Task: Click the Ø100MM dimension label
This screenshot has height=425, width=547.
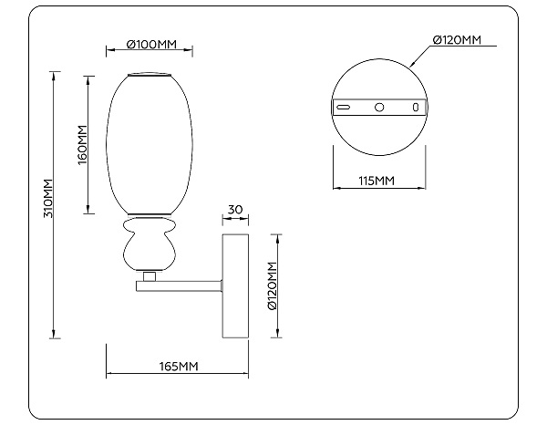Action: (x=150, y=45)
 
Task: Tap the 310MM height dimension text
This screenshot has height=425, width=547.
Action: (x=50, y=199)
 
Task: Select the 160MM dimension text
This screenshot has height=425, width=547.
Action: (x=82, y=144)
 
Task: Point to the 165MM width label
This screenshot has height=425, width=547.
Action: (x=179, y=366)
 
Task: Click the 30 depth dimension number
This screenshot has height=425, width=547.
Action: (x=235, y=210)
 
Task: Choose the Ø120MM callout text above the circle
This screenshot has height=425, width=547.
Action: (x=457, y=40)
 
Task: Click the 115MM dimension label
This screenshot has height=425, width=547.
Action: (x=377, y=181)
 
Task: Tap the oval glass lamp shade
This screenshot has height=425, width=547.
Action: (x=150, y=146)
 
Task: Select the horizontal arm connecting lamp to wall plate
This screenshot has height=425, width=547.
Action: (x=181, y=285)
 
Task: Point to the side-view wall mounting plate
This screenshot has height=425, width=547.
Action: (x=236, y=285)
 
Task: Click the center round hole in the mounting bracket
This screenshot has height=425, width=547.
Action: (x=380, y=108)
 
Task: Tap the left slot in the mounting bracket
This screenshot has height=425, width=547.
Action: (x=344, y=108)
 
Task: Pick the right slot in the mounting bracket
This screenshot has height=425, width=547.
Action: (x=416, y=108)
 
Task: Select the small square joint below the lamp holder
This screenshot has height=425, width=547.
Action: (x=150, y=274)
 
